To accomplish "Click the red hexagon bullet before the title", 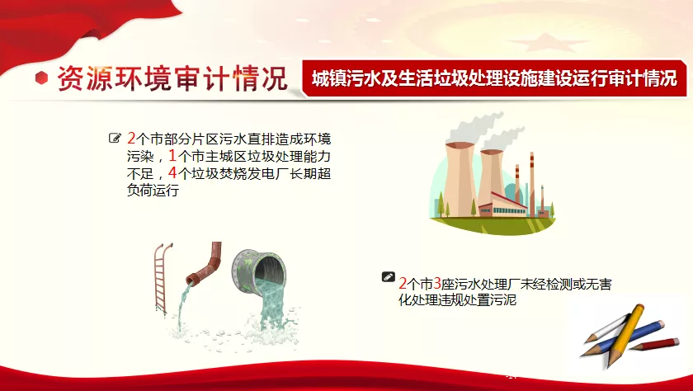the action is point(41,78).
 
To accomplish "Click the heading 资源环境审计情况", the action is point(172,78).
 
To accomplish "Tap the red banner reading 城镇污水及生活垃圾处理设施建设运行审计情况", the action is point(494,78).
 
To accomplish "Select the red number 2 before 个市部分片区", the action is point(131,139).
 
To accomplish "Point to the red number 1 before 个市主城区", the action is point(172,156).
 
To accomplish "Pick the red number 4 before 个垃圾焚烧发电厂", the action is point(172,172).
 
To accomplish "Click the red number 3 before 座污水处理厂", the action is point(437,283).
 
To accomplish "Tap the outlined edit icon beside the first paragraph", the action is point(115,139).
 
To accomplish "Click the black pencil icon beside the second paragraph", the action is point(388,277).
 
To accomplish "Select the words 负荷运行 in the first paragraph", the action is point(153,190).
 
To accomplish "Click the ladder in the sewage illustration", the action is point(163,278).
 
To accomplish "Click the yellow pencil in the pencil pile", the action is point(627,333).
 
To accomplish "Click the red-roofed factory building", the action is point(503,205).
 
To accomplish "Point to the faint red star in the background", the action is point(548,43).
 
